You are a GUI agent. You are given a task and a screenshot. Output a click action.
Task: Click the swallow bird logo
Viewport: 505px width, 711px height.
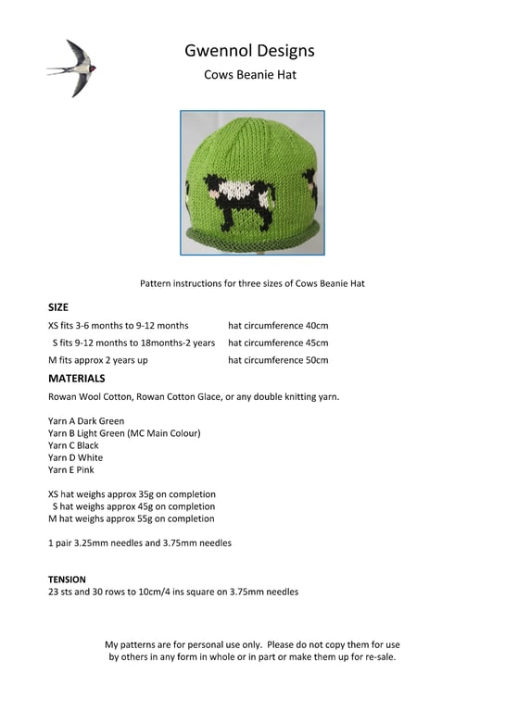point(72,67)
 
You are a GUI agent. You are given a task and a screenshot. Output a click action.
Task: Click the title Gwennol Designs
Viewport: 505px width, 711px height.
point(250,50)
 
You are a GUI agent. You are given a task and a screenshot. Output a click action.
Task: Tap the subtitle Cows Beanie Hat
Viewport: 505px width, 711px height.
point(250,75)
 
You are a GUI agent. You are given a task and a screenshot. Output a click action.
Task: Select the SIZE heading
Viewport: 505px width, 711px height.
point(57,306)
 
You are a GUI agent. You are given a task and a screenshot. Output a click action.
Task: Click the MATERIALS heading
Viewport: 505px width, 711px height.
point(76,379)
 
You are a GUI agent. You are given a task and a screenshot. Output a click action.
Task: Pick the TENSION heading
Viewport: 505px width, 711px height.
point(67,580)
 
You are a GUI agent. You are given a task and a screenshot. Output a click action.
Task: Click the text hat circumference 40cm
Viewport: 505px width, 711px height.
point(278,326)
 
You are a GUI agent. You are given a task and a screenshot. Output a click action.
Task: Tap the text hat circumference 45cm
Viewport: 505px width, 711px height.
point(278,343)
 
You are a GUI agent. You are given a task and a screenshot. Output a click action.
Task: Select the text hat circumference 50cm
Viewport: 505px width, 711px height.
point(278,360)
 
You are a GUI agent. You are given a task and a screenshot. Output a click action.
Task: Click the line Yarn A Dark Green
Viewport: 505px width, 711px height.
point(86,421)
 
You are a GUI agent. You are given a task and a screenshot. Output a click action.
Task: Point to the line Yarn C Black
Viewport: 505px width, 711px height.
point(73,445)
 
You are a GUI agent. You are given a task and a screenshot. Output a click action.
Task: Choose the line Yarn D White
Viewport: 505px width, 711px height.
point(75,457)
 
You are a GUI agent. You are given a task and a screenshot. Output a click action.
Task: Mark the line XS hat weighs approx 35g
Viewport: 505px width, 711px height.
point(132,494)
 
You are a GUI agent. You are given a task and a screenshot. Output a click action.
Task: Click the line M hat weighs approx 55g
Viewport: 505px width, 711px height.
point(131,518)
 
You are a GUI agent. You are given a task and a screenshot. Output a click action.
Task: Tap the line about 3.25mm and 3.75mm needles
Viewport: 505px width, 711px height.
point(139,543)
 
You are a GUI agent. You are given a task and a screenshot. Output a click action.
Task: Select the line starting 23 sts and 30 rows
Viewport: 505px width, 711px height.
point(173,592)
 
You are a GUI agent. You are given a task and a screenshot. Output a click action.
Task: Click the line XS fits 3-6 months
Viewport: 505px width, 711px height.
point(118,326)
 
